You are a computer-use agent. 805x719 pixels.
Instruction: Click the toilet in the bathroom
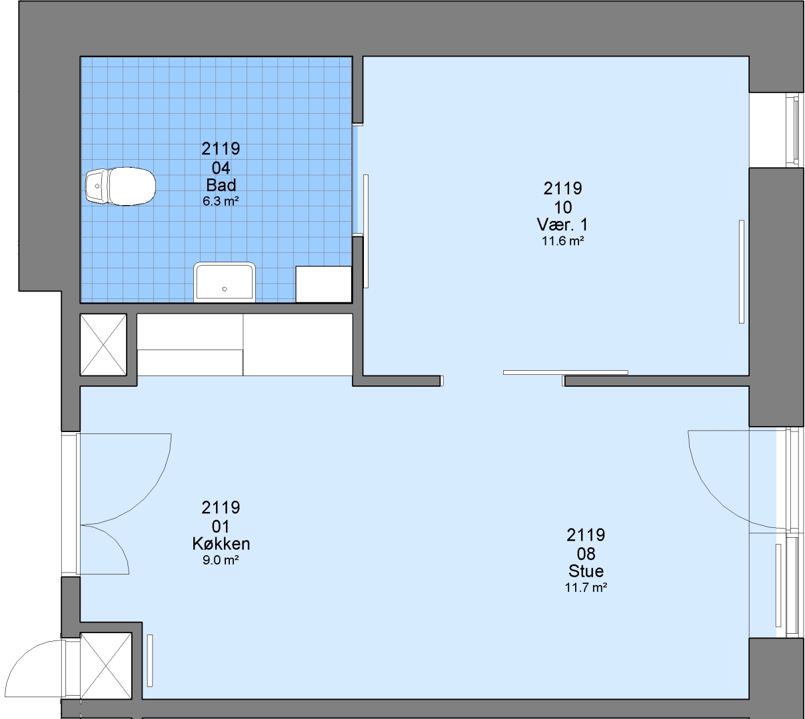coord(121,186)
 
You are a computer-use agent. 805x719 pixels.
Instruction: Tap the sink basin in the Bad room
coord(225,282)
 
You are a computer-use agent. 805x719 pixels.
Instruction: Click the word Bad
coord(221,185)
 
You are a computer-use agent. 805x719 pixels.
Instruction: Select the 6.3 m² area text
coord(221,201)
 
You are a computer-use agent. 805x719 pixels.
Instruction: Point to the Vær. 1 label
coord(562,225)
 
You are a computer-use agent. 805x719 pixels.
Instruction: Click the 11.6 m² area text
coord(562,241)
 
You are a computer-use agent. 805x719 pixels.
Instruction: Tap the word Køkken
coord(221,544)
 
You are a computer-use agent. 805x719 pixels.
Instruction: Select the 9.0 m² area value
coord(221,560)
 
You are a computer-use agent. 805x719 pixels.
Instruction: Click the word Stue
coord(586,571)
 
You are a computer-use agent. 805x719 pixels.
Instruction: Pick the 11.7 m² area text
coord(586,588)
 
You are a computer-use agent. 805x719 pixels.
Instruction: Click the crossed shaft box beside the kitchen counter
coord(103,345)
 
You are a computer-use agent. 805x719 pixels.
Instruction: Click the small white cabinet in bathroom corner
coord(323,284)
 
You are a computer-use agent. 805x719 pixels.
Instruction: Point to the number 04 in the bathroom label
coord(221,168)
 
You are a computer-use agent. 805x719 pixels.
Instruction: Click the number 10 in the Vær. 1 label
coord(562,207)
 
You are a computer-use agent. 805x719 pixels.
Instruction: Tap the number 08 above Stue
coord(586,554)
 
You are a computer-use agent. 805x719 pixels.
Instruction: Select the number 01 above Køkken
coord(221,527)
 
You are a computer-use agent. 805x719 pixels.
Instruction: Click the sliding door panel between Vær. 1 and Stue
coord(565,372)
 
